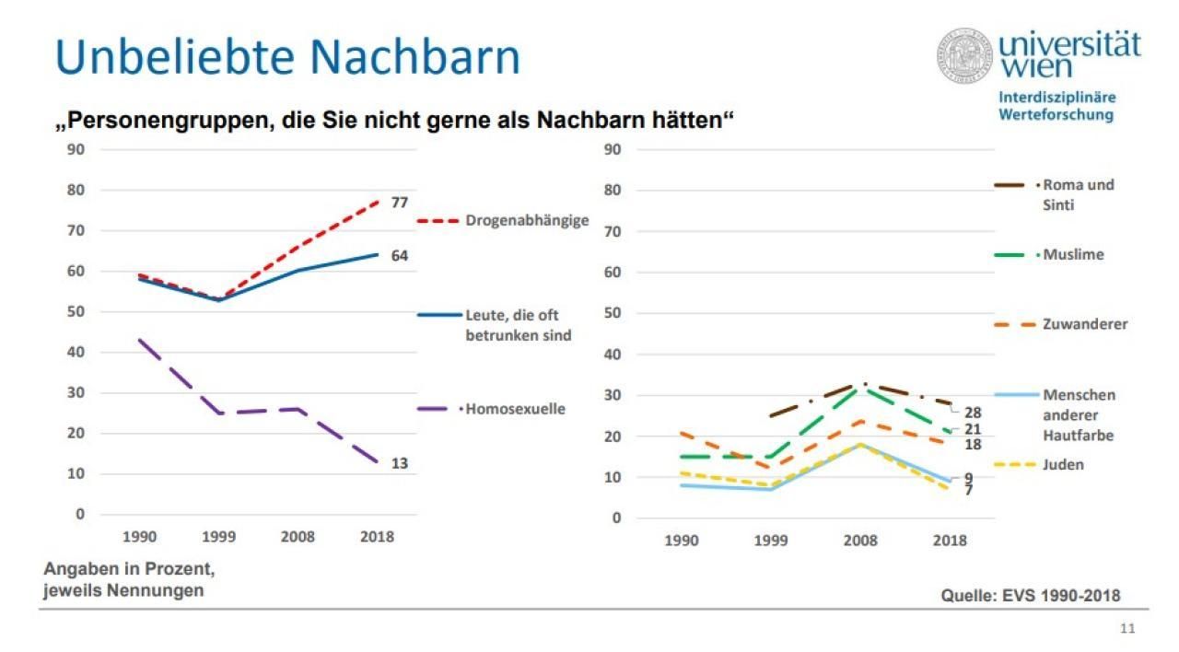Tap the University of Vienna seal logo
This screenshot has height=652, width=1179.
tap(966, 54)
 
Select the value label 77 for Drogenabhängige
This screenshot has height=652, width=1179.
tap(399, 203)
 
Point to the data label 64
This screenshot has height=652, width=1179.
tap(399, 256)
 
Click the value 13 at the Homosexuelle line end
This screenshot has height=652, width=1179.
tap(399, 463)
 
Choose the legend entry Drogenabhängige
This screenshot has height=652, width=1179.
tap(526, 221)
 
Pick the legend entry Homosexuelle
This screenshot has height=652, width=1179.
tap(515, 409)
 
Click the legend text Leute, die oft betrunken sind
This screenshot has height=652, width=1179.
tap(518, 325)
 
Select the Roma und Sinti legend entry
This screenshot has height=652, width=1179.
tap(1078, 194)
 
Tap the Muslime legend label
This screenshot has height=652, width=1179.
tap(1073, 255)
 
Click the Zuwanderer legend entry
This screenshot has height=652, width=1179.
tap(1085, 324)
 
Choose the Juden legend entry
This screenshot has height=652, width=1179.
tap(1063, 465)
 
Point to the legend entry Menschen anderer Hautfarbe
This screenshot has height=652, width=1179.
tap(1079, 414)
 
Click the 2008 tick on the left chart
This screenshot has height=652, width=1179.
tap(298, 537)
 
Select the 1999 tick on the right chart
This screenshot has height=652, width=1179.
tap(771, 541)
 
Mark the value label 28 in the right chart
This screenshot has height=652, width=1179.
tap(972, 413)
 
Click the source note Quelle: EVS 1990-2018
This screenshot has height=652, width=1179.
tap(1030, 596)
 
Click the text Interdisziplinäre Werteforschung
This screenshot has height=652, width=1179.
tap(1056, 106)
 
